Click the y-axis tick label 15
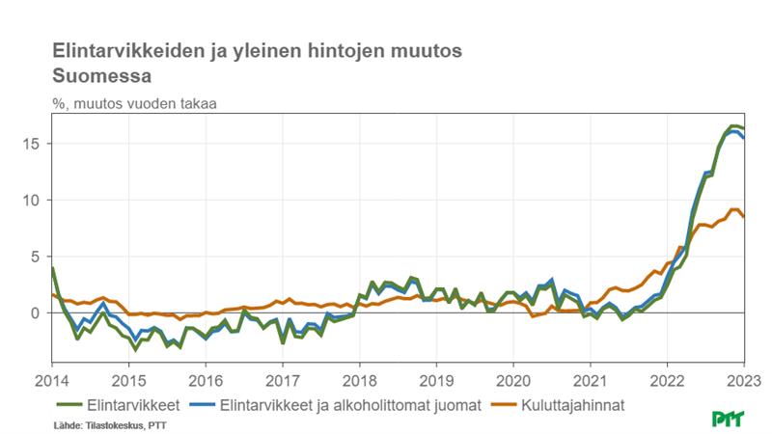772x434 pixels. pos(32,144)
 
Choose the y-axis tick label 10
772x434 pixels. pos(32,200)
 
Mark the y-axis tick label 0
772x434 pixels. pos(36,312)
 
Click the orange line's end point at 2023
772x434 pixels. pos(743,217)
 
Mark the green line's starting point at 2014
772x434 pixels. pos(52,268)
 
